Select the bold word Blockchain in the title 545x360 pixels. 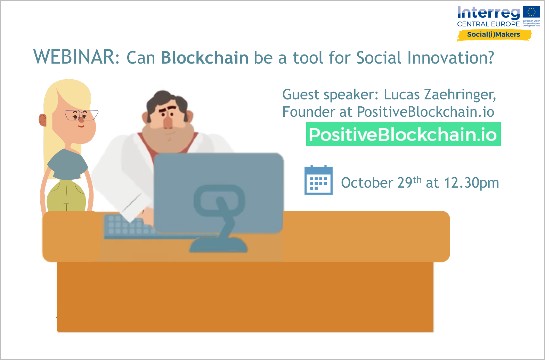pyautogui.click(x=205, y=57)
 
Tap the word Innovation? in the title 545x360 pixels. pyautogui.click(x=450, y=57)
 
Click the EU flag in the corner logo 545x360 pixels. pyautogui.click(x=532, y=12)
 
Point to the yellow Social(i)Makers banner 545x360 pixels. pyautogui.click(x=494, y=35)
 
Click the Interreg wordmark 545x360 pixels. pyautogui.click(x=489, y=13)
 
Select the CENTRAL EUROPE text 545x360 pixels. pyautogui.click(x=488, y=24)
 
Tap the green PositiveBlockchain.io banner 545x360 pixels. pyautogui.click(x=404, y=134)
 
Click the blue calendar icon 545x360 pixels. pyautogui.click(x=318, y=180)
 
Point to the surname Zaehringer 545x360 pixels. pyautogui.click(x=460, y=95)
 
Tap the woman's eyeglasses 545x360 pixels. pyautogui.click(x=81, y=115)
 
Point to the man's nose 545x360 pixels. pyautogui.click(x=168, y=122)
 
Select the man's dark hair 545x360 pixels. pyautogui.click(x=167, y=102)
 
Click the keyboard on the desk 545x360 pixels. pyautogui.click(x=129, y=226)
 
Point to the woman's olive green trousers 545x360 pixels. pyautogui.click(x=66, y=196)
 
